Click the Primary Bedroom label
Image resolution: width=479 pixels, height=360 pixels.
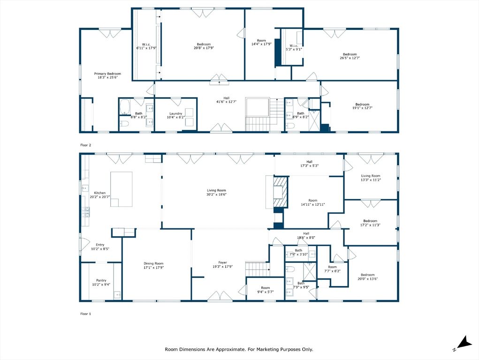[x=107, y=75]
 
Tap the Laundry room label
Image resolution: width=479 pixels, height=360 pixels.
[x=175, y=115]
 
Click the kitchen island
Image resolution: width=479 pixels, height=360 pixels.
[x=122, y=188]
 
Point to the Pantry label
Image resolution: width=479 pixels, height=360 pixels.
[x=101, y=282]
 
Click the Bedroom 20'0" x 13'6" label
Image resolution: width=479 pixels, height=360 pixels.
[x=367, y=277]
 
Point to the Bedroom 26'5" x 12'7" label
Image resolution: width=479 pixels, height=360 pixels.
[x=349, y=56]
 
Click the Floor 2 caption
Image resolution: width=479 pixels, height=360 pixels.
[x=85, y=145]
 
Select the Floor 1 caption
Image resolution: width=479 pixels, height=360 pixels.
[x=85, y=313]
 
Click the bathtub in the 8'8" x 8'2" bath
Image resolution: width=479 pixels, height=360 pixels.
[x=125, y=107]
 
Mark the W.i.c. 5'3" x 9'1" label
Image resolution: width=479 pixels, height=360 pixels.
[x=294, y=47]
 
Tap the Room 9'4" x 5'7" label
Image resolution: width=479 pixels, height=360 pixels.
[x=266, y=290]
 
